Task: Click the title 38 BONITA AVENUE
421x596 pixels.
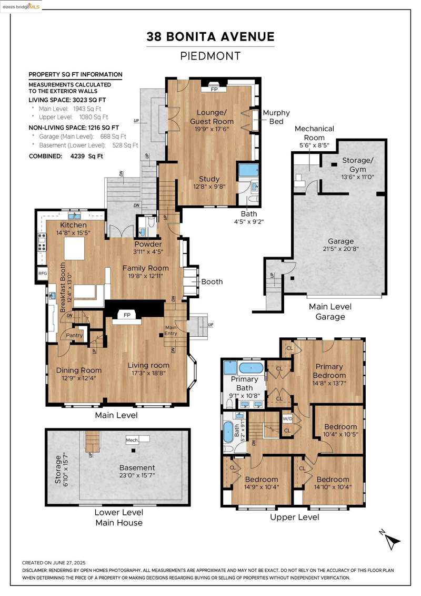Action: pyautogui.click(x=210, y=36)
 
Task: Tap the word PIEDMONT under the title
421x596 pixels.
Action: pyautogui.click(x=210, y=56)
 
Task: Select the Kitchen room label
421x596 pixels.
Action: pyautogui.click(x=73, y=225)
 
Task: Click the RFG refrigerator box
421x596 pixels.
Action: pyautogui.click(x=43, y=273)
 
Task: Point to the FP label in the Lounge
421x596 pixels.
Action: pyautogui.click(x=214, y=90)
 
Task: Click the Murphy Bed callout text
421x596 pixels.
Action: pyautogui.click(x=276, y=117)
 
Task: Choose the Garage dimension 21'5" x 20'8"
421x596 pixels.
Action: pyautogui.click(x=340, y=249)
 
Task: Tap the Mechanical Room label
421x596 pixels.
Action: pyautogui.click(x=314, y=133)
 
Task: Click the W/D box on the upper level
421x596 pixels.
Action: pyautogui.click(x=287, y=419)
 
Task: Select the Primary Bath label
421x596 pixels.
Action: pyautogui.click(x=245, y=384)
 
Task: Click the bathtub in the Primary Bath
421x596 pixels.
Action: pyautogui.click(x=250, y=368)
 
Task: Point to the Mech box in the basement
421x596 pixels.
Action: pyautogui.click(x=132, y=440)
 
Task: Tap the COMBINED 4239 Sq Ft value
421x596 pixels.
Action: pyautogui.click(x=86, y=156)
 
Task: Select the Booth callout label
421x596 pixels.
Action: pyautogui.click(x=212, y=281)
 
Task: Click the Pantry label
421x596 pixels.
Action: pyautogui.click(x=74, y=335)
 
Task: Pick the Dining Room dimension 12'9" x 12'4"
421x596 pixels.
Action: pyautogui.click(x=79, y=378)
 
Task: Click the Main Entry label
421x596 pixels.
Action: pyautogui.click(x=171, y=330)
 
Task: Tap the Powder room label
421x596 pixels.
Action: pyautogui.click(x=148, y=244)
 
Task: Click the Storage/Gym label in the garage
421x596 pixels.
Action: pyautogui.click(x=358, y=164)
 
